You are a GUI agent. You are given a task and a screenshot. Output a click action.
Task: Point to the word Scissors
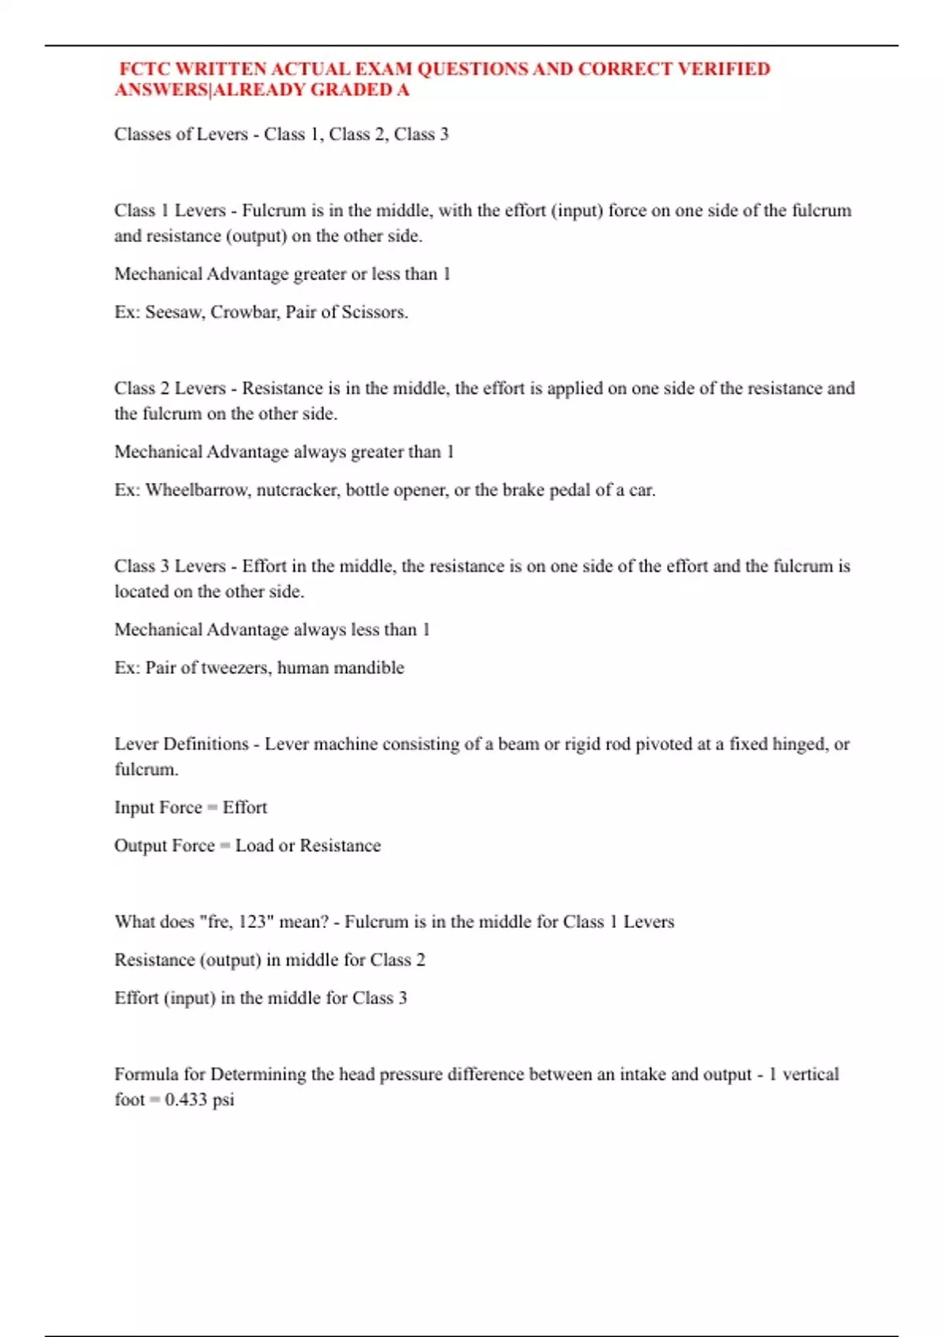(x=374, y=312)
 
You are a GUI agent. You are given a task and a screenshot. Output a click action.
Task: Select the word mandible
(x=372, y=668)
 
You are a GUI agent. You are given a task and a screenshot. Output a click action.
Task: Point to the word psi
(x=223, y=1099)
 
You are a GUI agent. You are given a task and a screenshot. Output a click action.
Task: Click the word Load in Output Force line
(x=254, y=845)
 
